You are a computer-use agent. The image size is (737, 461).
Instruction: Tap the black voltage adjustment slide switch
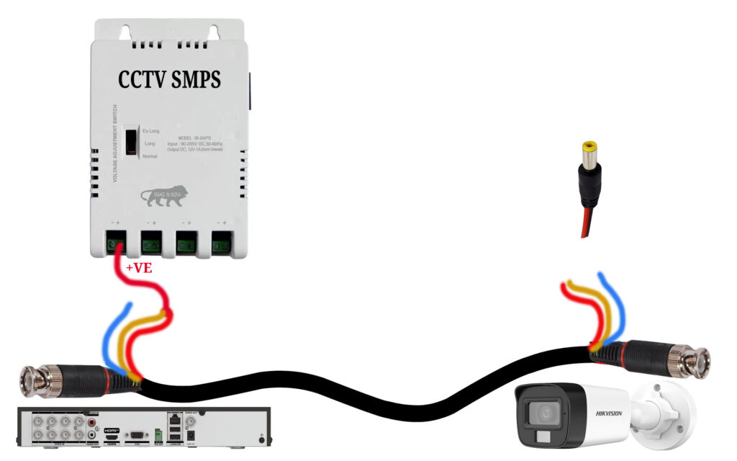(131, 141)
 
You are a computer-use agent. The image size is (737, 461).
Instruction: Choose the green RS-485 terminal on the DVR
(157, 436)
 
